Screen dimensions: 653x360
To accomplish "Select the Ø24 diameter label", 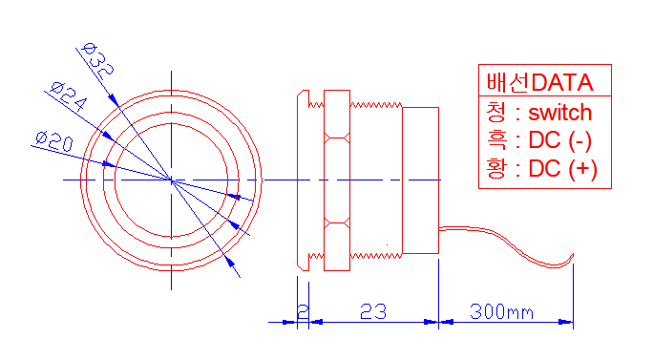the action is pos(69,96).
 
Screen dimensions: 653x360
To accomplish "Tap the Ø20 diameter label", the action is pos(54,141).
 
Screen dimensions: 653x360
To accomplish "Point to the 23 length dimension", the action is pos(373,311).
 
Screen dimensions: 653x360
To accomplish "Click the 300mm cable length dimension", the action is pos(501,311).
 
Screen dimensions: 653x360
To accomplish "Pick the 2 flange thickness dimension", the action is pos(304,311).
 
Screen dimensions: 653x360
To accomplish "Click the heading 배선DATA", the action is pos(539,82).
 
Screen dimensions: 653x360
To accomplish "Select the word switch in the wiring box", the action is pos(560,113).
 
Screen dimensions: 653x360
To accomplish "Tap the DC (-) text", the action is pos(560,140).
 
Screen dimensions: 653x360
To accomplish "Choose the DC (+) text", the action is pos(563,169).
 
